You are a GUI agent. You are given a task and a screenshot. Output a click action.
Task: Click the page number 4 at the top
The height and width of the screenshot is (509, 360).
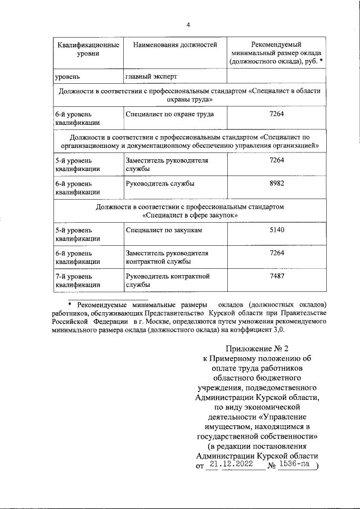tap(188, 25)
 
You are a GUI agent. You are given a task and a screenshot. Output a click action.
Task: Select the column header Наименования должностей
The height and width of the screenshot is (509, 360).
tap(174, 44)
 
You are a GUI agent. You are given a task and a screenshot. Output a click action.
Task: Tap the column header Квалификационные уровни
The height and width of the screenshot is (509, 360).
tap(87, 49)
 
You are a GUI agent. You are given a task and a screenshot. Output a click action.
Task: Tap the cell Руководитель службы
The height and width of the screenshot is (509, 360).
tap(160, 184)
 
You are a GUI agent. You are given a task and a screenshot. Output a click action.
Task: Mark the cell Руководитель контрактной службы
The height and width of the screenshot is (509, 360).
tap(168, 281)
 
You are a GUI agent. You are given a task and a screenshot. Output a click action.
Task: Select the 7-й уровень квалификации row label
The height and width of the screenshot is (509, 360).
tap(78, 281)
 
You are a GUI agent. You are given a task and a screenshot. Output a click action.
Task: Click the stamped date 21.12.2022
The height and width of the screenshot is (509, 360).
tap(230, 465)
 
